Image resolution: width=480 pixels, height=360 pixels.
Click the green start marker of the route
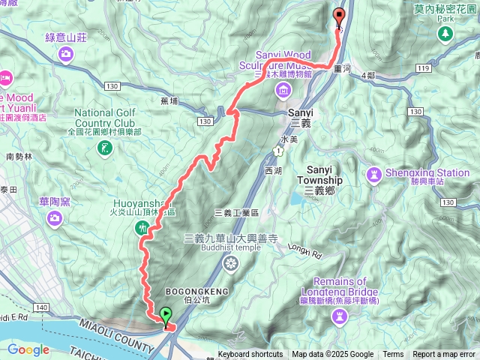[x=165, y=315]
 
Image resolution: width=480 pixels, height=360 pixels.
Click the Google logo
[x=28, y=349]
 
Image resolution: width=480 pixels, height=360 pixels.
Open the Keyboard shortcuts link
[x=250, y=355]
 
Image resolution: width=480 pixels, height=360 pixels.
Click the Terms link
[x=393, y=355]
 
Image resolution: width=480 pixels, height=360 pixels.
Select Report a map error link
[x=445, y=355]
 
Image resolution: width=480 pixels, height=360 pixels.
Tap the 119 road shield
[x=423, y=69]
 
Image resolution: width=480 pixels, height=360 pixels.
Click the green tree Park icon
[x=445, y=34]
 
